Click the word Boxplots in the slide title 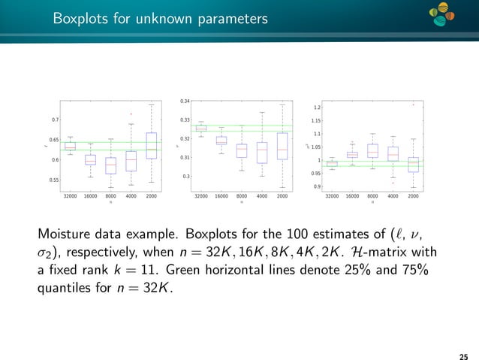pos(79,16)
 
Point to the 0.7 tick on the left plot pos(55,120)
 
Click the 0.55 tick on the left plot pos(53,180)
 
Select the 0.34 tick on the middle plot pos(185,101)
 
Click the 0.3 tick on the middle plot pos(187,177)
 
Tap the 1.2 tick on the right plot pos(318,107)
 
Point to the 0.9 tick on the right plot pos(318,186)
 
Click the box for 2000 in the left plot pos(152,146)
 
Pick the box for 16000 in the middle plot pos(221,141)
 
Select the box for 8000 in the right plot pos(372,150)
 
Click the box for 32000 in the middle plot pos(200,129)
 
